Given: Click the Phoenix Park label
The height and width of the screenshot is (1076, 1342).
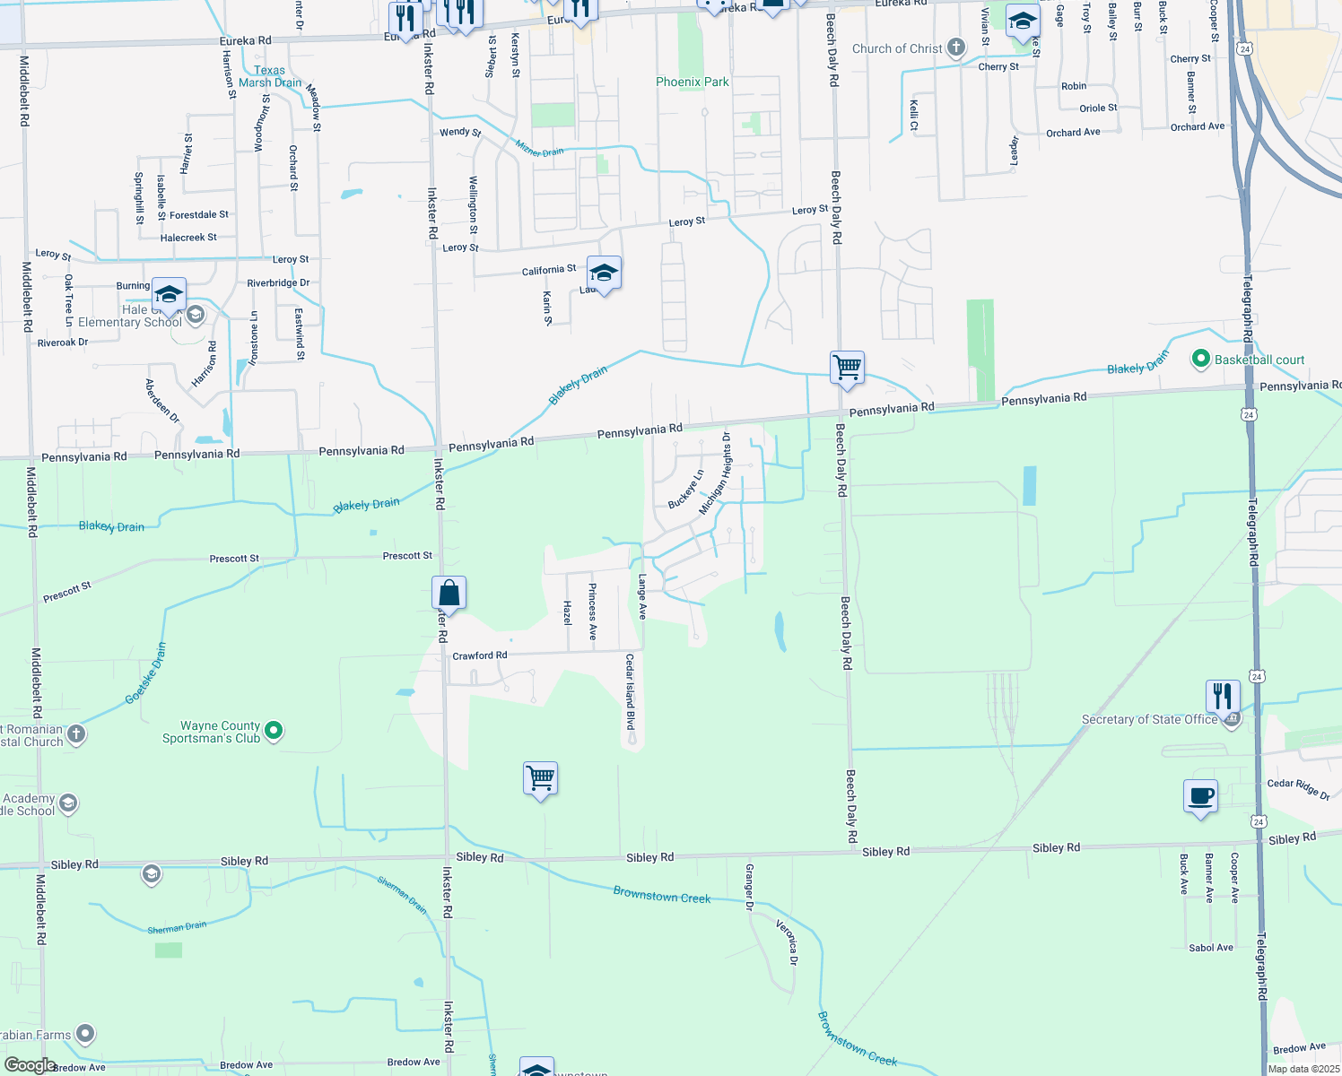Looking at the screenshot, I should click(692, 82).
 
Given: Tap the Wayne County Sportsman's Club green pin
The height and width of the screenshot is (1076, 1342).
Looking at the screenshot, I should click(274, 732).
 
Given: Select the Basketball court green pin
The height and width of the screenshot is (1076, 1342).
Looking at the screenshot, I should click(1200, 360).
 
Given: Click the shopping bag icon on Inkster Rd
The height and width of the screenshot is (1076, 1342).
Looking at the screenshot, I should click(449, 594).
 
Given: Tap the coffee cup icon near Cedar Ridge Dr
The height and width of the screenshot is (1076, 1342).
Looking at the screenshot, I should click(1200, 796).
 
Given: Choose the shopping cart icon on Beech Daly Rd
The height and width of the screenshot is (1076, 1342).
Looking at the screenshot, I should click(847, 368).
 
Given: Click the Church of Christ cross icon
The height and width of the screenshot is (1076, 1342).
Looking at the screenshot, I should click(956, 48).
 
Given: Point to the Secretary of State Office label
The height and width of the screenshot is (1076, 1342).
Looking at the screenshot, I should click(1149, 719).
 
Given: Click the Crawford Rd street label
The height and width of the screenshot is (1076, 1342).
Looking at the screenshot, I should click(480, 655).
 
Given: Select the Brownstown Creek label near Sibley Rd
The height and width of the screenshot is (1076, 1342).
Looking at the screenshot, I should click(661, 895).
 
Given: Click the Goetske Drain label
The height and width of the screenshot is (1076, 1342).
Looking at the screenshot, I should click(146, 672).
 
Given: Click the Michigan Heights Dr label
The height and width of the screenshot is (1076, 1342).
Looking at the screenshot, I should click(715, 473).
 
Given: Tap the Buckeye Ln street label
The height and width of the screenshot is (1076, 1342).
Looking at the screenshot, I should click(685, 490).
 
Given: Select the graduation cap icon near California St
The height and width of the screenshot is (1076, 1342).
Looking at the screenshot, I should click(604, 273).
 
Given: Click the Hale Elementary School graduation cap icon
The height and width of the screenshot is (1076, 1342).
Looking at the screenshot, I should click(169, 293).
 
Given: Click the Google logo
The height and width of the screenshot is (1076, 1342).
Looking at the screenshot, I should click(30, 1065).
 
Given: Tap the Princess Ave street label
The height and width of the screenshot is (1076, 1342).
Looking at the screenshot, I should click(592, 611).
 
